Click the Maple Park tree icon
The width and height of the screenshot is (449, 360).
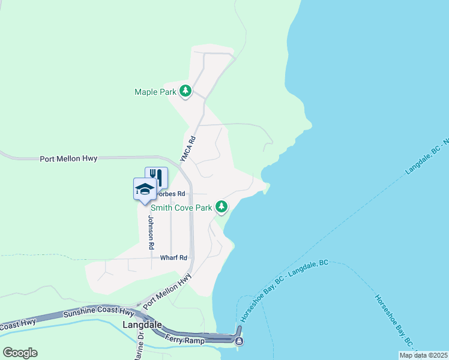[x=186, y=91]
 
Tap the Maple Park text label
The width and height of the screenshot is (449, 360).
[x=155, y=92]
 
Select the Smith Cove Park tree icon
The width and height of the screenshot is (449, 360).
[x=222, y=207]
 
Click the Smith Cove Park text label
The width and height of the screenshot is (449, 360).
[x=182, y=208]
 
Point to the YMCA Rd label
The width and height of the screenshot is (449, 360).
[x=188, y=148]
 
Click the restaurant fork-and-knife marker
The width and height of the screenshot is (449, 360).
[x=156, y=176]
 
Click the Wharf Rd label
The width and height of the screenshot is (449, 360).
[x=174, y=257]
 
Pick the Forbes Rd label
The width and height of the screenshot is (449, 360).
[x=172, y=194]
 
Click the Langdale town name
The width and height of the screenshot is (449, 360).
[x=142, y=325]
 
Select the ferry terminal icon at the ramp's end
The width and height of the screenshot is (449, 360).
[x=240, y=341]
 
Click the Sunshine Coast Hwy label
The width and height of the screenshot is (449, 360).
[x=99, y=313]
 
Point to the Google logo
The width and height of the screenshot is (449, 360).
[x=20, y=353]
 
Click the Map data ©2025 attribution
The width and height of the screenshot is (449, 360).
[x=423, y=355]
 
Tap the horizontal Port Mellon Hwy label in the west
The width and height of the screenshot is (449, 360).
[x=68, y=159]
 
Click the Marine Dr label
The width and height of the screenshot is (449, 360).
[x=140, y=346]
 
